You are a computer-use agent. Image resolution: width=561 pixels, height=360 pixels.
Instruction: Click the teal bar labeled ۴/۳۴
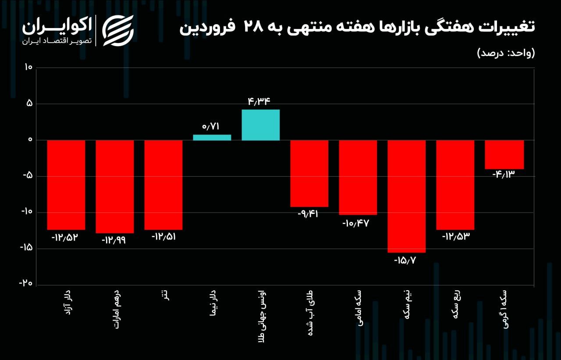261,125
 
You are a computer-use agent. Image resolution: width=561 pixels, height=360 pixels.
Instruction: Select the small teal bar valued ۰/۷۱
212,137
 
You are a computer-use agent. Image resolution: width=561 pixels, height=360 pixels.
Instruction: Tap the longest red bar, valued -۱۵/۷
406,196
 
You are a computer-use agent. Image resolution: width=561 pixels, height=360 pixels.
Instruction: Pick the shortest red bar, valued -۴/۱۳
504,154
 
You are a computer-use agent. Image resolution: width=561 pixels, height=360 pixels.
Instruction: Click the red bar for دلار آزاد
66,185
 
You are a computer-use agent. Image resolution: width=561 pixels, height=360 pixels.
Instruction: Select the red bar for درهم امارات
115,186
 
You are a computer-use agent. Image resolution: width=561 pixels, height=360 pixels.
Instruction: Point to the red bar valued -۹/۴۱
309,173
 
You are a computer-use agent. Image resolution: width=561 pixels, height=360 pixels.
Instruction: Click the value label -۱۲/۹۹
114,240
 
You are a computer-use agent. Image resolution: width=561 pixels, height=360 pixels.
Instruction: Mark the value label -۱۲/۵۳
455,236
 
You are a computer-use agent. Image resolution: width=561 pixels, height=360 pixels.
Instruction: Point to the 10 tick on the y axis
28,68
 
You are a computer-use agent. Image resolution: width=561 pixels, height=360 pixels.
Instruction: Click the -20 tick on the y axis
26,283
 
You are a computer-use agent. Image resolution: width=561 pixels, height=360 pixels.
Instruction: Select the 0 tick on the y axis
30,140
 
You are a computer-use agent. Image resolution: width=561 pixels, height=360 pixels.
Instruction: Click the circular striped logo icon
118,31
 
